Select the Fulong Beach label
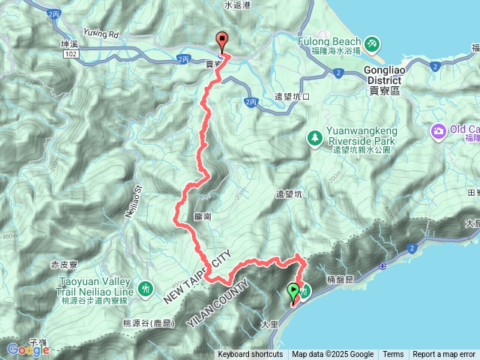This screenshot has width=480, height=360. (324, 41)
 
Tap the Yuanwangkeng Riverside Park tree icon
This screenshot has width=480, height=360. (314, 138)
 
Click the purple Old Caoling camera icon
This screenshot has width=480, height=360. (437, 131)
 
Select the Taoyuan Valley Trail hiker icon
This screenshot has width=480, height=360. (147, 287)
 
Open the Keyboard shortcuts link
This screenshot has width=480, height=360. (250, 355)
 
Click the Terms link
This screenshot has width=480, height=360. (393, 355)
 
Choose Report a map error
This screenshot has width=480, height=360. (445, 355)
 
